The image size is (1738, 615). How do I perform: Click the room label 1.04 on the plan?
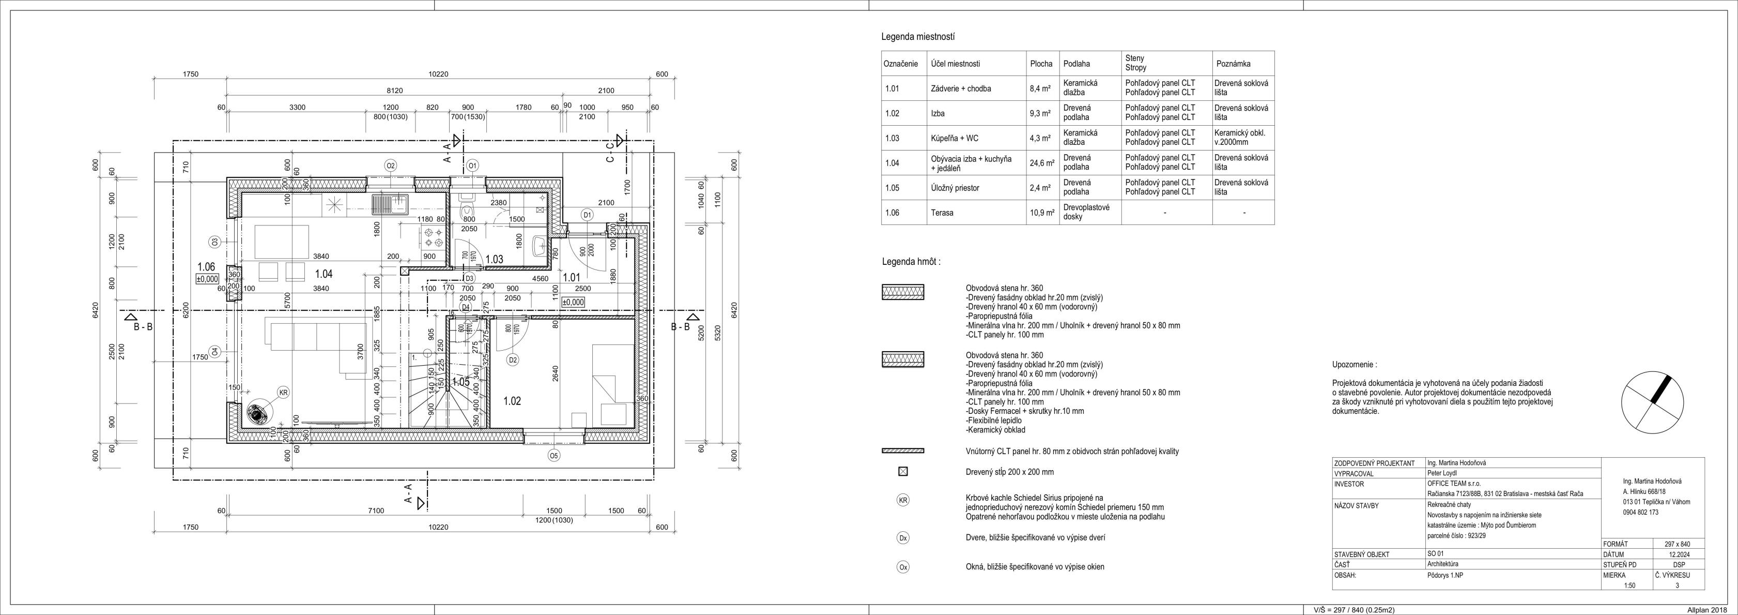[324, 274]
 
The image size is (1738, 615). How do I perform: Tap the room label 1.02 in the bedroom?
[512, 401]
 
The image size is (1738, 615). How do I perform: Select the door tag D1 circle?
[587, 215]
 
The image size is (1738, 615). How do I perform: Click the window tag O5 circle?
[554, 456]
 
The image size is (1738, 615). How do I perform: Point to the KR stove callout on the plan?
[283, 392]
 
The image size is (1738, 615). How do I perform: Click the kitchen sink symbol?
[389, 203]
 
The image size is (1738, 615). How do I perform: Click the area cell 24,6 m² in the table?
[1041, 163]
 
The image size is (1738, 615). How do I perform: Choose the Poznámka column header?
[1233, 64]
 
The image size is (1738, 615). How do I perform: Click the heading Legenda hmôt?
[911, 262]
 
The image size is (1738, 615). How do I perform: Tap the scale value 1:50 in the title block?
[1629, 586]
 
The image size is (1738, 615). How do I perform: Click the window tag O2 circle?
[390, 166]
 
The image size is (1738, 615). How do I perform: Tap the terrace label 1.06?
[206, 267]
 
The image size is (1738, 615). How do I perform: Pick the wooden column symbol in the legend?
[903, 472]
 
